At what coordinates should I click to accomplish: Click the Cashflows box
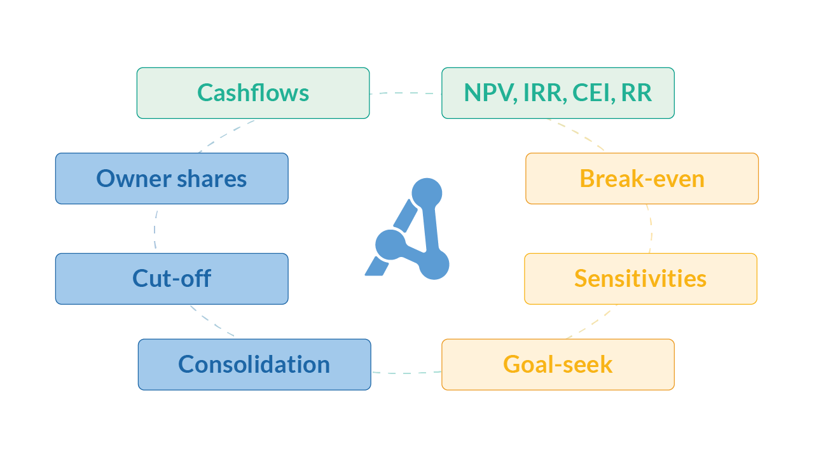point(253,93)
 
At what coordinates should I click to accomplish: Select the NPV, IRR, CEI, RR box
point(558,93)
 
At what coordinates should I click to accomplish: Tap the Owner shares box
point(172,179)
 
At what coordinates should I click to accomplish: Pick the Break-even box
point(642,179)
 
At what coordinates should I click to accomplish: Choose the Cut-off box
point(172,279)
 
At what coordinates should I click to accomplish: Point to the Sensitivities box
point(640,279)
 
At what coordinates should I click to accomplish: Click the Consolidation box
point(254,364)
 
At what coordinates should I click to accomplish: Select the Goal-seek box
point(558,364)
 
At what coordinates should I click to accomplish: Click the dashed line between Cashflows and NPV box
point(406,94)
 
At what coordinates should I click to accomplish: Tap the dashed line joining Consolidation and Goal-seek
point(406,372)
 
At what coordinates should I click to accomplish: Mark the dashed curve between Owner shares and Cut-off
point(155,229)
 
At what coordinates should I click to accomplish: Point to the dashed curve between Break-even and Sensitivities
point(651,229)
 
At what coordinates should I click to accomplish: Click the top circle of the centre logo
point(427,193)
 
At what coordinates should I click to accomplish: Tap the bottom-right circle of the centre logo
point(434,265)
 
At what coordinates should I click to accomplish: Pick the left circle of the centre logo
point(390,244)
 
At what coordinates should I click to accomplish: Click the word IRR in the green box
point(544,93)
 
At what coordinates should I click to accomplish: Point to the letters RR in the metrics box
point(637,93)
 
